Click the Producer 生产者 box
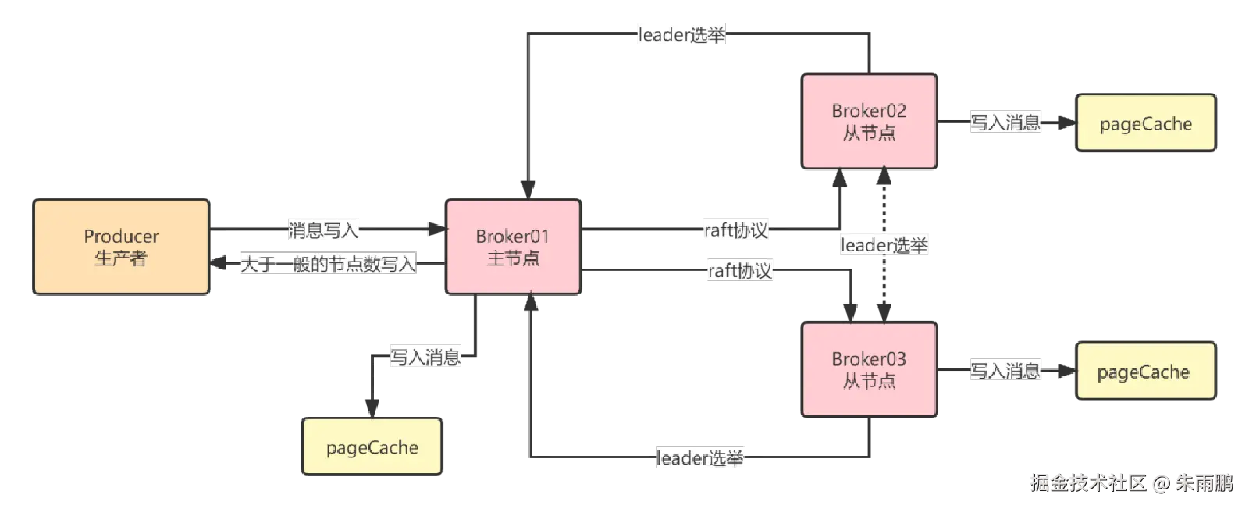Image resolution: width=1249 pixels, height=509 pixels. coord(121,247)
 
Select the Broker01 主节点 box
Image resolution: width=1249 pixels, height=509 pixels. coord(513,247)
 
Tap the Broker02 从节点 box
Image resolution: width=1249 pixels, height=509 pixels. coord(869,122)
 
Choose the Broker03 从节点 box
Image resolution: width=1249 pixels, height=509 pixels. coord(869,369)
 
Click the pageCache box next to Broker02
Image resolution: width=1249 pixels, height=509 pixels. coord(1145,123)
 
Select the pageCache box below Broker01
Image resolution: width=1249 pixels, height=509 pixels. coord(372,447)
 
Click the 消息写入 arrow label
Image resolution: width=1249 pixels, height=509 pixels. coord(324,230)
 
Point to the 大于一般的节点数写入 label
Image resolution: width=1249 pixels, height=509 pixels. coord(328,264)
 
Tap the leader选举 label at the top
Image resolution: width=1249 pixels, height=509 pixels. coord(683,34)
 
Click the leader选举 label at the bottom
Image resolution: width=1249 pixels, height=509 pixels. coord(701,457)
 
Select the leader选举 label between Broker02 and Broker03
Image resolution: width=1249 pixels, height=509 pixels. coord(884,245)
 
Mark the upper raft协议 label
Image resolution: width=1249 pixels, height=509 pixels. coord(736,230)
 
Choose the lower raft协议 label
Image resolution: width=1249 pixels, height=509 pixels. coord(739,271)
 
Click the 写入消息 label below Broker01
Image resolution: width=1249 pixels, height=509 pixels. coord(425,357)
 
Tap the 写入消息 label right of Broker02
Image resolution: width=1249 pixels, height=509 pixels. coord(1005,123)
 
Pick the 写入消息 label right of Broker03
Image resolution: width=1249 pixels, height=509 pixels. coord(1005,370)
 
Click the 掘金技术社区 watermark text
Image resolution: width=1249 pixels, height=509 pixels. coord(1087,482)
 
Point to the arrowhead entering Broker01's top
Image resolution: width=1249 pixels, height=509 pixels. coord(528,190)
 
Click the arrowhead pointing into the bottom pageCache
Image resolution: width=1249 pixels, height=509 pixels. coord(372,407)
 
